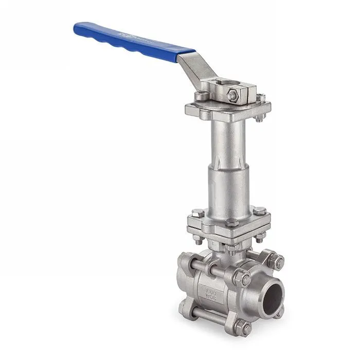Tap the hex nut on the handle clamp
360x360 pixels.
(x=232, y=95)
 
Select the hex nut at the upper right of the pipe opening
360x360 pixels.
(x=278, y=262)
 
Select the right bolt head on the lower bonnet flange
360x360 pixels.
(x=260, y=210)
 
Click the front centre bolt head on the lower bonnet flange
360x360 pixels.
(x=232, y=223)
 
